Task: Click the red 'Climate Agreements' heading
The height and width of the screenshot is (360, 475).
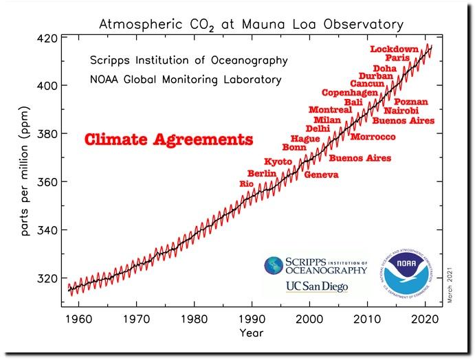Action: click(168, 140)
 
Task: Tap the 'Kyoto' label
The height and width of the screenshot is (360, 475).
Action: click(278, 161)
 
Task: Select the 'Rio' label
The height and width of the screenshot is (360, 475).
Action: click(246, 184)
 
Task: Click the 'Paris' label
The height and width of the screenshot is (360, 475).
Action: click(397, 58)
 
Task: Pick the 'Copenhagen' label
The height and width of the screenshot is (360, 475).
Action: click(350, 93)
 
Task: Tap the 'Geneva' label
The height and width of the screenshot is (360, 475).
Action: click(321, 175)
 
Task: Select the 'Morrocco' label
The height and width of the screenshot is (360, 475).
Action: click(373, 137)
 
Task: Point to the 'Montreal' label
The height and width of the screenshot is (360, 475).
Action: click(330, 110)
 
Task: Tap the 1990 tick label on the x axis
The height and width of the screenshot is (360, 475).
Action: click(252, 319)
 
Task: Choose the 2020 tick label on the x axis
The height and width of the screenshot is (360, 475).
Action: click(426, 319)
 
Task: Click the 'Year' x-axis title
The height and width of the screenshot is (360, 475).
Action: click(251, 333)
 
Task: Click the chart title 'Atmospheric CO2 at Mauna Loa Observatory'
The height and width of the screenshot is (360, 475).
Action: click(251, 25)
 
